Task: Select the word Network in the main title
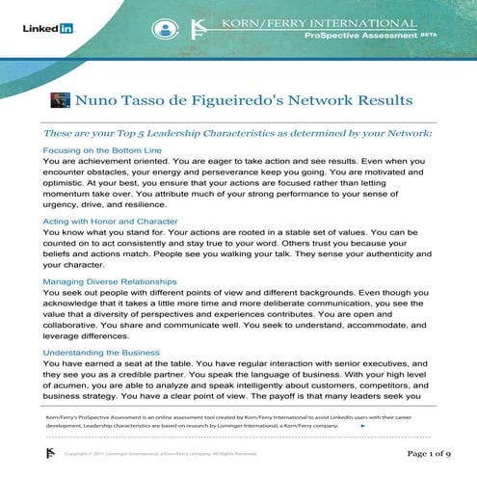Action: point(331,99)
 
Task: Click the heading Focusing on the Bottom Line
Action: point(100,150)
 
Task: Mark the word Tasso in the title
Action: point(145,99)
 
